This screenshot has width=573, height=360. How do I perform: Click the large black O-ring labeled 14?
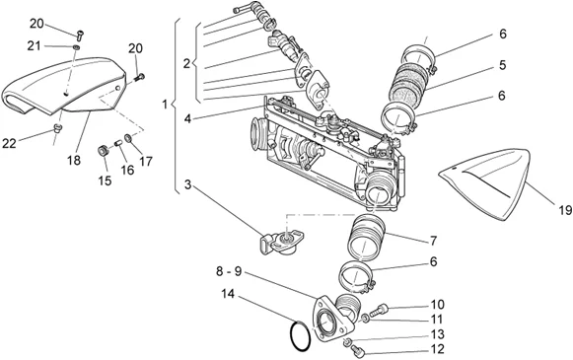point(291,336)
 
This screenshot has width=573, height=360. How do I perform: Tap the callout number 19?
point(565,210)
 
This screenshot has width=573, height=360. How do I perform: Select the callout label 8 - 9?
point(229,271)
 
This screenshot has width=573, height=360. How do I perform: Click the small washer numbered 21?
point(76,47)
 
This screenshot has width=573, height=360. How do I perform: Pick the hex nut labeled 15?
point(103,151)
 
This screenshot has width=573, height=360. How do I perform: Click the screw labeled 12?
point(357,352)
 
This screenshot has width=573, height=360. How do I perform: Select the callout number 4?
point(187,118)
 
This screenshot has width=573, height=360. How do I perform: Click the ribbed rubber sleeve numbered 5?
point(409,82)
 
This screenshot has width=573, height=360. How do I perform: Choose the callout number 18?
point(74,160)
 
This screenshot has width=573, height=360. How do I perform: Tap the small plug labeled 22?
point(58,127)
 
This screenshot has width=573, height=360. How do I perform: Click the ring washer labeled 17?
point(128,138)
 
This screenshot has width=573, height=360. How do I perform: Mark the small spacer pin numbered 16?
point(118,143)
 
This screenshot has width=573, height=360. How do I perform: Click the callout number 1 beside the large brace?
point(165,105)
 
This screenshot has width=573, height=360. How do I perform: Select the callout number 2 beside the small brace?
point(186,64)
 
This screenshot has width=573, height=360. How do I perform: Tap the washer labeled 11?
point(365,319)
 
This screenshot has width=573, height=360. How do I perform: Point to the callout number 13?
point(437,334)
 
